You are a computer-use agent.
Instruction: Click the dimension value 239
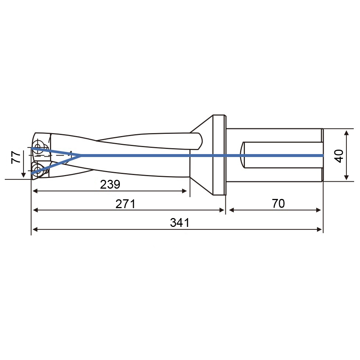click(x=110, y=184)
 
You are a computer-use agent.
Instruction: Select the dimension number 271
click(x=125, y=204)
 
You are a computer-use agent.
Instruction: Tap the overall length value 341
click(x=180, y=223)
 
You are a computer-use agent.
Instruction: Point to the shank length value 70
click(x=278, y=203)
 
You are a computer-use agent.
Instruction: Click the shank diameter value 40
click(x=339, y=156)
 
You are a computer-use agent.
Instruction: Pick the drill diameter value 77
click(x=16, y=157)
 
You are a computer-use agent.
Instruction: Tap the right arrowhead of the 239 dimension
click(x=184, y=191)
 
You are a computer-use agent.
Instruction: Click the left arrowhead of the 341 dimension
click(x=36, y=229)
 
